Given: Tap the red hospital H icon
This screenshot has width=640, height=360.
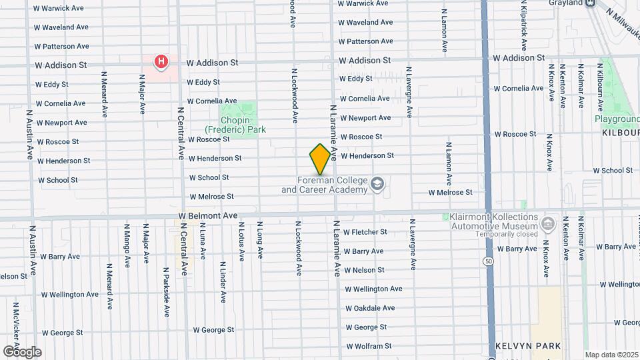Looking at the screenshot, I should click(161, 63).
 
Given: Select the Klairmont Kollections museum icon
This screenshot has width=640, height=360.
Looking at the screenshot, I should click(549, 222).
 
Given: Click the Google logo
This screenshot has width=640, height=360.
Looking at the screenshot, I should click(21, 351).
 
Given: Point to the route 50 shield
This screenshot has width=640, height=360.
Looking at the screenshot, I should click(489, 261).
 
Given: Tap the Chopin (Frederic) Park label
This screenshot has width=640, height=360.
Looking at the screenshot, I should click(235, 125).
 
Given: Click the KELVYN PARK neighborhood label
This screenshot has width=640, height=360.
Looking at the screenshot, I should click(528, 346).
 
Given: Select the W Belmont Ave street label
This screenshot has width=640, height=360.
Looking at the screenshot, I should click(209, 216).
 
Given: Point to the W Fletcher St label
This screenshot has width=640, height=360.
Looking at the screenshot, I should click(365, 232).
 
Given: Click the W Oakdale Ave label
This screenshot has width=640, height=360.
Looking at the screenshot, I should click(370, 308).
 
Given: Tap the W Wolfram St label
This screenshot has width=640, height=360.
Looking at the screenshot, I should click(368, 346).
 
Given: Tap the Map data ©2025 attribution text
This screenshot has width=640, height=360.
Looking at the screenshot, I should click(611, 355).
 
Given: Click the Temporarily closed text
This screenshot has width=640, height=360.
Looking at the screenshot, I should click(507, 234).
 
